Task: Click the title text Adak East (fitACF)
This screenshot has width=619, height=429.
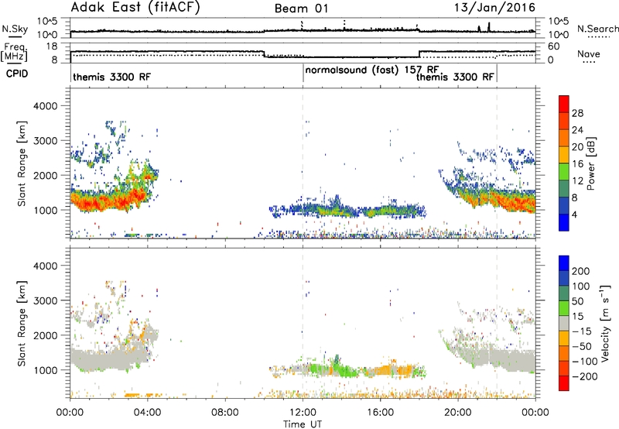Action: (x=135, y=7)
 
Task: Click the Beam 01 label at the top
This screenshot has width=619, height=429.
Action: (x=301, y=9)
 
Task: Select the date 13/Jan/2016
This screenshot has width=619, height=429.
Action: (x=494, y=8)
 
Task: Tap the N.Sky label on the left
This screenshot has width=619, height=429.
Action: (x=15, y=29)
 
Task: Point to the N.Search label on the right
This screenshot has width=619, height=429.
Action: (x=597, y=29)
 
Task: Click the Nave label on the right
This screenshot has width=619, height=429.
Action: (x=589, y=53)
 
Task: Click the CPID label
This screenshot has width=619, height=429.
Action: (x=17, y=74)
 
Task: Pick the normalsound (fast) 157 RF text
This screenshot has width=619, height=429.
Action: (x=372, y=70)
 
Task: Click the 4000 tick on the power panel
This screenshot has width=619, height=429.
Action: (x=46, y=106)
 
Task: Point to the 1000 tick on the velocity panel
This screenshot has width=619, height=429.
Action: (x=46, y=370)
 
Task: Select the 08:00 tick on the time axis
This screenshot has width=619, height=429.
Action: (x=225, y=413)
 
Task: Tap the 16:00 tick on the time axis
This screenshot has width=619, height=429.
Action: (x=380, y=413)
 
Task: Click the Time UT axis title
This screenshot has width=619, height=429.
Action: (x=303, y=424)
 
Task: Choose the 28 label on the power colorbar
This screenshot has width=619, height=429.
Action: (x=577, y=113)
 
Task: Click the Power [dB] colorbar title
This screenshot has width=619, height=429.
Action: (x=590, y=163)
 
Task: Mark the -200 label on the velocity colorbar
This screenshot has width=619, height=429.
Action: (x=581, y=376)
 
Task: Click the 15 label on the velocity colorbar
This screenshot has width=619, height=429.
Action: (x=577, y=317)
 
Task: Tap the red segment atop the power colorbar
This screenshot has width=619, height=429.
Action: (x=564, y=104)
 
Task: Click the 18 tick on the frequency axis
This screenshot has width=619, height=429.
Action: (x=52, y=46)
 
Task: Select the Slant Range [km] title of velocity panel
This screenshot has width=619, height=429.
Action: (x=22, y=323)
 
